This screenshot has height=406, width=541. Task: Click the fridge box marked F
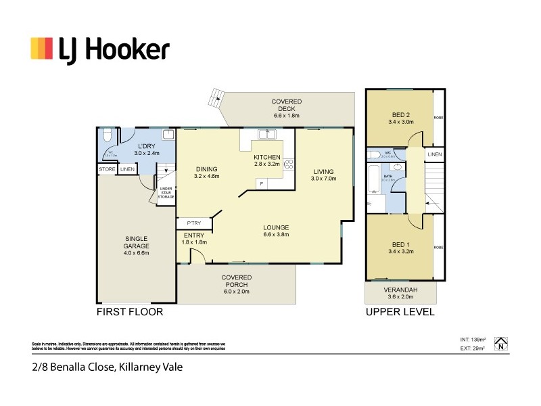pyautogui.click(x=260, y=183)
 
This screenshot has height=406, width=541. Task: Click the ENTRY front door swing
pyautogui.click(x=197, y=255)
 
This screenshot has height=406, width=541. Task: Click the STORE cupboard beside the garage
pyautogui.click(x=107, y=169)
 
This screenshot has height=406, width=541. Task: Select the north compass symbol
pyautogui.click(x=500, y=343)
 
